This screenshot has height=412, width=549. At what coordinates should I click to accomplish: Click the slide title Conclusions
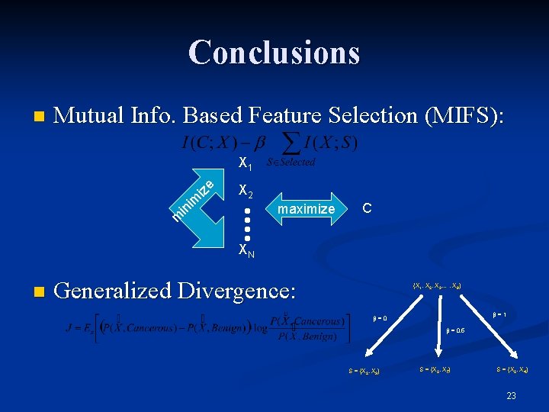coord(274,52)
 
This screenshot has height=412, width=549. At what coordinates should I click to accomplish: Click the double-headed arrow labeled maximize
coord(305,208)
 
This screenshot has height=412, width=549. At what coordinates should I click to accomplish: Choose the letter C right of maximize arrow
coord(367,208)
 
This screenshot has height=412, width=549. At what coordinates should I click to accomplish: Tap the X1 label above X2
coord(245,163)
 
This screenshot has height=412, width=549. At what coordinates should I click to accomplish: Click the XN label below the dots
coord(246,250)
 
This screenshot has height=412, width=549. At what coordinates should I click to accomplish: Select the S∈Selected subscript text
coord(290,163)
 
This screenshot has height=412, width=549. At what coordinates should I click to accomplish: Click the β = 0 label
coord(380,318)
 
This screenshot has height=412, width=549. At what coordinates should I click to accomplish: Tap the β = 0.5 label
coord(456,330)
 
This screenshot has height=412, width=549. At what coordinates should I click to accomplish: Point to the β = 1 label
coord(499,314)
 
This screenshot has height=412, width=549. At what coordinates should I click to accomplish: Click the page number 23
coord(511,395)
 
